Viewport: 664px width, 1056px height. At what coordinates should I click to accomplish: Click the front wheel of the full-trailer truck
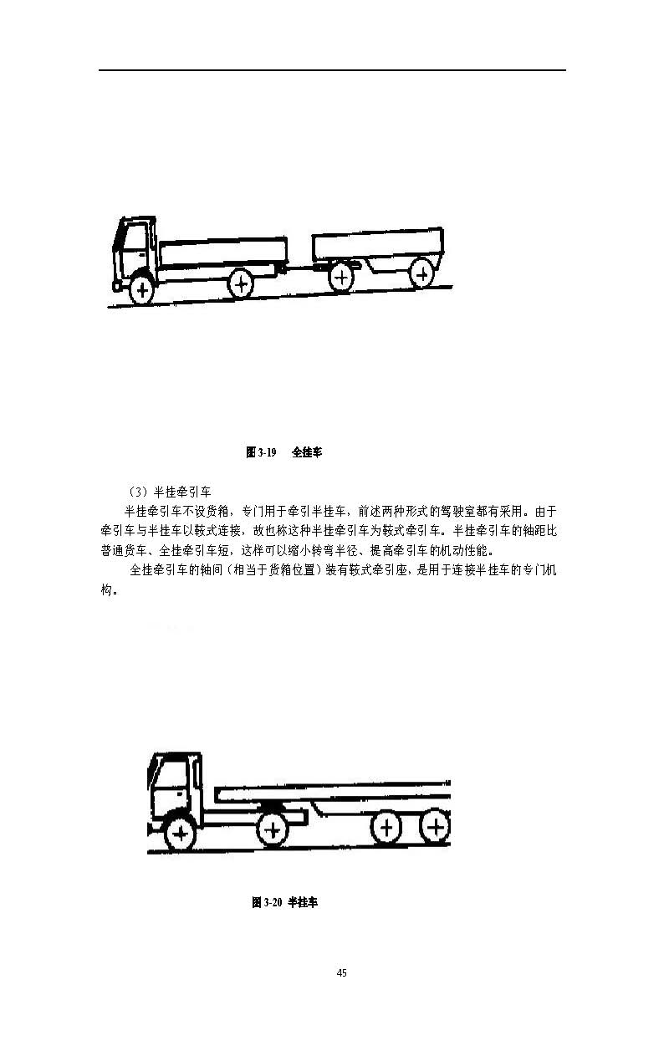(x=143, y=289)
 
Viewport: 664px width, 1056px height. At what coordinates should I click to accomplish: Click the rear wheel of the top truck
(x=241, y=284)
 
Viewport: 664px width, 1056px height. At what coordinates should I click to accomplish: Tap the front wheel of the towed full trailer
(x=342, y=276)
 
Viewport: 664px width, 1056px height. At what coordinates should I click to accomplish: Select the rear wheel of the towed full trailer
(x=423, y=272)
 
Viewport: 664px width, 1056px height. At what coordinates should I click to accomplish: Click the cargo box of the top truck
(x=222, y=253)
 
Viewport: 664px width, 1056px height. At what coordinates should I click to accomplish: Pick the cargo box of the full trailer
(x=378, y=244)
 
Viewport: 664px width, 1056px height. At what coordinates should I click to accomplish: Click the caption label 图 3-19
(x=261, y=452)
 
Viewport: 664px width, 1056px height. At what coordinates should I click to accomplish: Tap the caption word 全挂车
(x=307, y=452)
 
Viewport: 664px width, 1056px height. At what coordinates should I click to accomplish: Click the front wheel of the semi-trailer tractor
(x=179, y=834)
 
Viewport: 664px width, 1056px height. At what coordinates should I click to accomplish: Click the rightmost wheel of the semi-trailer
(x=435, y=828)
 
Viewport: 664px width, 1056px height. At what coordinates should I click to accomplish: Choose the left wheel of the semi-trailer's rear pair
(x=386, y=829)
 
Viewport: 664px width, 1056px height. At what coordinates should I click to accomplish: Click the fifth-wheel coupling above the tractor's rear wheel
(x=270, y=805)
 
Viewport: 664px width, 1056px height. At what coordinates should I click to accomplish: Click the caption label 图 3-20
(x=266, y=903)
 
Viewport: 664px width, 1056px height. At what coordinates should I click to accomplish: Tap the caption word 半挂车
(x=303, y=903)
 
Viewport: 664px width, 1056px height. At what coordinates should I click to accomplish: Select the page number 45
(x=341, y=973)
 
